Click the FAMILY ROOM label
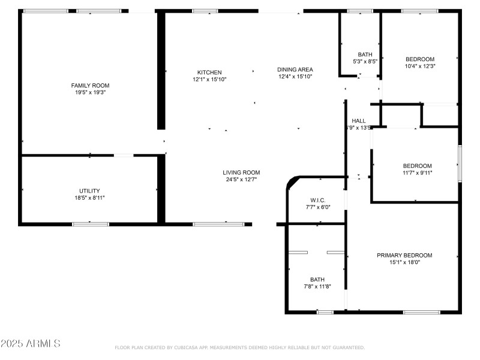90,85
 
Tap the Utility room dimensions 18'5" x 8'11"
90,197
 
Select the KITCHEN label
209,72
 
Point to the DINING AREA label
295,70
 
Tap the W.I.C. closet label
317,200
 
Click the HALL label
359,121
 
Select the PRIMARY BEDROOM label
404,255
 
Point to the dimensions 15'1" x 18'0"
404,262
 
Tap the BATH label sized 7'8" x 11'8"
317,279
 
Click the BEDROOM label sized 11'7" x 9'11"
417,166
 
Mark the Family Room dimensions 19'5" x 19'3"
90,92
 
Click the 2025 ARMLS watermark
31,344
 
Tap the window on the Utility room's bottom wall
91,224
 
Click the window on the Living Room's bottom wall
218,224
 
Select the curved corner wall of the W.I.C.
292,181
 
